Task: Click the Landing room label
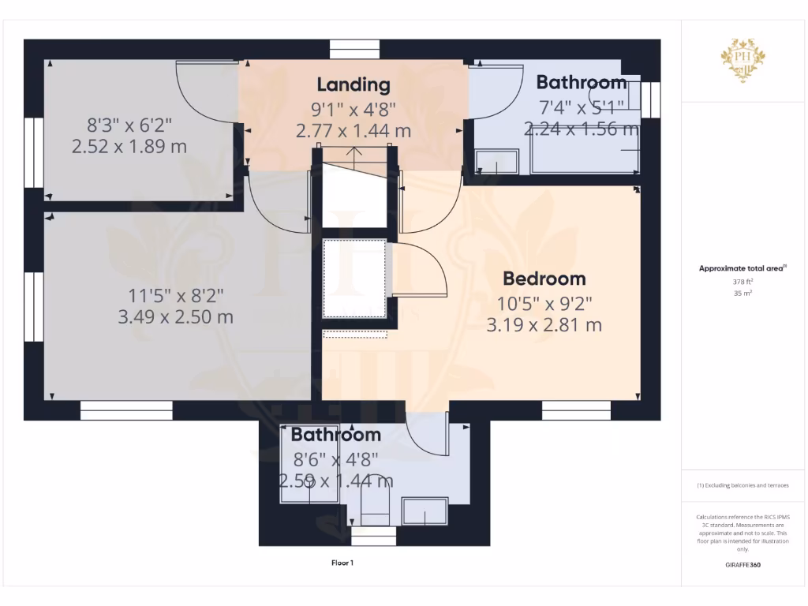353,84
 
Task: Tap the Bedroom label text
544,279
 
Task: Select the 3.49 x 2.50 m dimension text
175,317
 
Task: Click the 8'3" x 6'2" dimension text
129,125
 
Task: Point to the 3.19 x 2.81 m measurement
544,324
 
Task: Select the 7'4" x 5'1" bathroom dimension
582,106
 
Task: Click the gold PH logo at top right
743,60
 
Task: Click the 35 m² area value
743,293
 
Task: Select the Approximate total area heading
743,268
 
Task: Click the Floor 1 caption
342,563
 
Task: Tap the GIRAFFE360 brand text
743,565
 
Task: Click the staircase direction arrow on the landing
354,152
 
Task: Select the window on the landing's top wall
354,50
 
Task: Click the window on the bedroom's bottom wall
576,410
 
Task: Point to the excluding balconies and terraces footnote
743,485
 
